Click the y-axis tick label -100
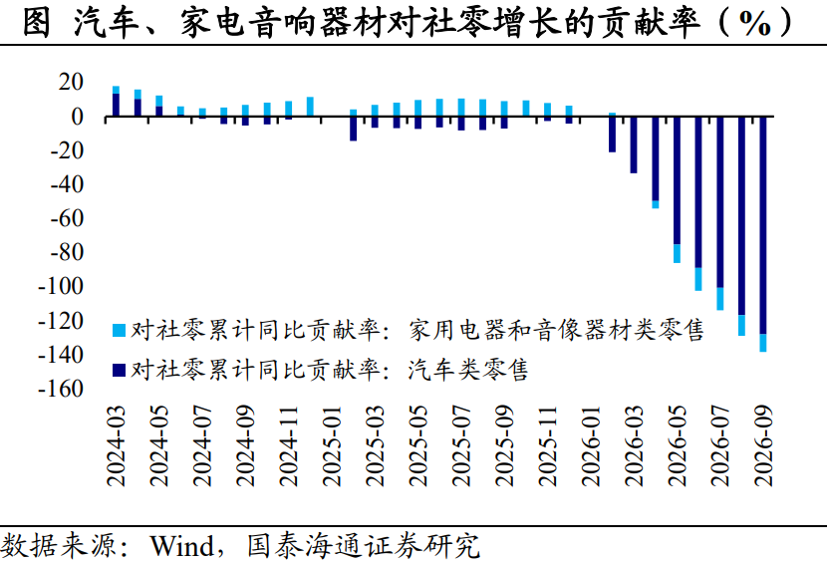[61, 286]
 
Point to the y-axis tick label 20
[71, 82]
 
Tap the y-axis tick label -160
[61, 389]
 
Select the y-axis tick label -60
[67, 218]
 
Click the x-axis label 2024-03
[116, 446]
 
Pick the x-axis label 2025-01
[332, 446]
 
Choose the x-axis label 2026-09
[763, 446]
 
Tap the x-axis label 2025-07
[461, 446]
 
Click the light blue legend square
[120, 331]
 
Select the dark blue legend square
[120, 371]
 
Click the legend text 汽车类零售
[468, 370]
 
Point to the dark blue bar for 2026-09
[763, 225]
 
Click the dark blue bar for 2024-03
[117, 105]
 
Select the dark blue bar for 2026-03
[634, 144]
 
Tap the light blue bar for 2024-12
[311, 107]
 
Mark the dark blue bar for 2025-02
[354, 129]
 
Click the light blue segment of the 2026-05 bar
[677, 253]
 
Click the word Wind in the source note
[182, 546]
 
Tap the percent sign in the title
[755, 23]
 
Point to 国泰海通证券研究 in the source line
[364, 546]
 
